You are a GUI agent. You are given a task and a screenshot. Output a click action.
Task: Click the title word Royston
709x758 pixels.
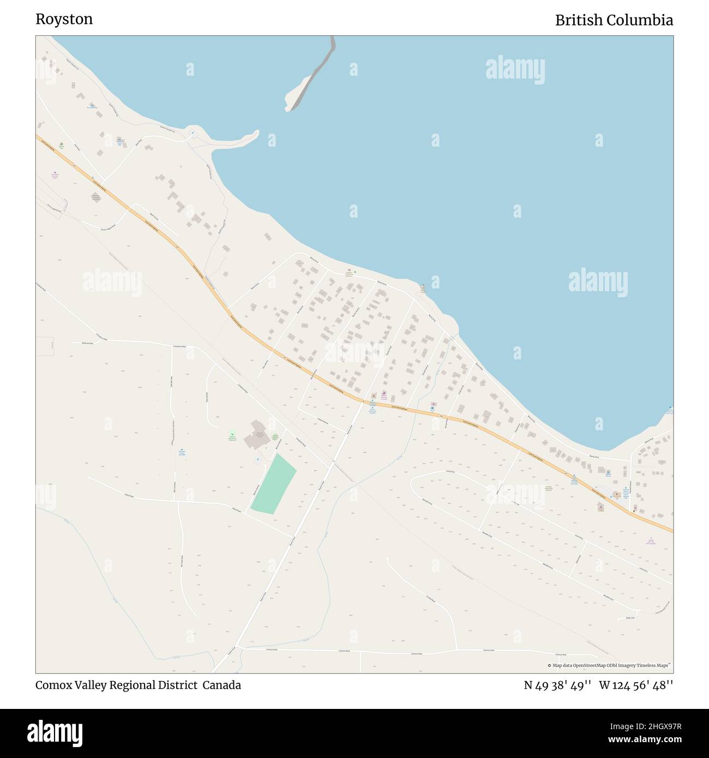pyautogui.click(x=64, y=20)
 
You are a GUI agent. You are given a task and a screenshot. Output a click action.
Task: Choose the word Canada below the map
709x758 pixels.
pyautogui.click(x=222, y=685)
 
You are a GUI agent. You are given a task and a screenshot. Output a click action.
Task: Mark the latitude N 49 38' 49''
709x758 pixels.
pyautogui.click(x=557, y=685)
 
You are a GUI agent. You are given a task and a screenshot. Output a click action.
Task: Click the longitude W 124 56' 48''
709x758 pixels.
pyautogui.click(x=636, y=685)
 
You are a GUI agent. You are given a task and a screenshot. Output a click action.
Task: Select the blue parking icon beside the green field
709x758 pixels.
pyautogui.click(x=257, y=459)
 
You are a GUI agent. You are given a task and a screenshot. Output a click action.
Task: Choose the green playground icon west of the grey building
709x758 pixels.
pyautogui.click(x=232, y=434)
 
